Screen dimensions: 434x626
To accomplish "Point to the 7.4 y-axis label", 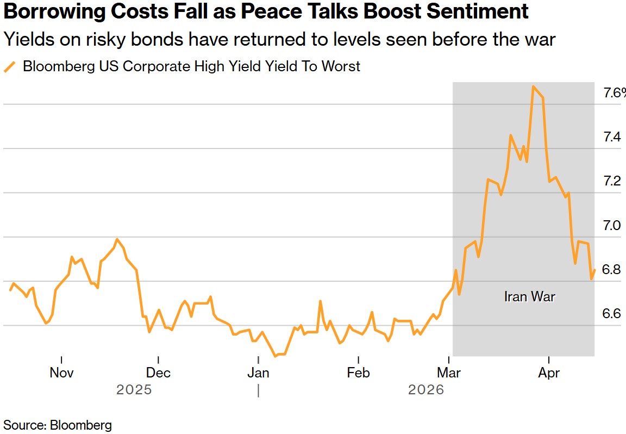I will [612, 137].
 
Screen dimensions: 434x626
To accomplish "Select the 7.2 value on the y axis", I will [612, 181].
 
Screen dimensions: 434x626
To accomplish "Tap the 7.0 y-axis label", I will [612, 226].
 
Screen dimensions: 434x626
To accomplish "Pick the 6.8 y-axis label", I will [612, 270].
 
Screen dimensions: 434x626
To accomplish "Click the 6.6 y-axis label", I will [612, 314].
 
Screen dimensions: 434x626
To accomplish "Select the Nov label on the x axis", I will [61, 373].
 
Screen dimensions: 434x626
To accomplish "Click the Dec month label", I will [158, 373].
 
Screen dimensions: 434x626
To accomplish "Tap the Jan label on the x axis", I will [258, 373].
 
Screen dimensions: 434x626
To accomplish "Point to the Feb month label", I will [358, 373].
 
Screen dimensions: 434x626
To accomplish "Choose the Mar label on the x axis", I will [449, 373].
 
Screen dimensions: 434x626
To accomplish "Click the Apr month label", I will [549, 373].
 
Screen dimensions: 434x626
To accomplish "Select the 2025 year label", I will [134, 390].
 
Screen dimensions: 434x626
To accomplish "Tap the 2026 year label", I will [426, 390].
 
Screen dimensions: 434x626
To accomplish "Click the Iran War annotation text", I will [530, 297].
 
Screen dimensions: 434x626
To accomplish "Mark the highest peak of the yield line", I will [534, 86].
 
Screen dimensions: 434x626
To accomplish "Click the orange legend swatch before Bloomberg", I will [10, 67].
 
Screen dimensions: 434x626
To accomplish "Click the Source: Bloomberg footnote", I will [58, 425].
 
